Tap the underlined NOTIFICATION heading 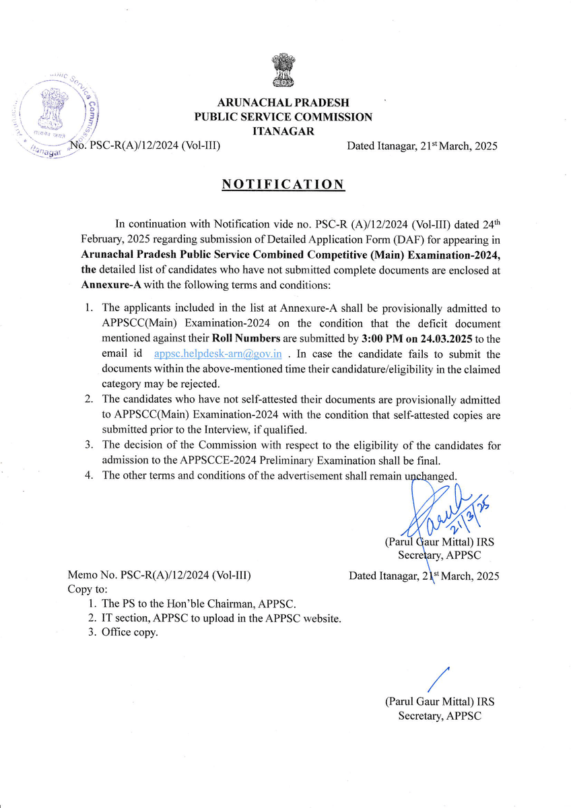(x=283, y=185)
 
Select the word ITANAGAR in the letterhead (x=283, y=131)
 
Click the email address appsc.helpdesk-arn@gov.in (x=217, y=353)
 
